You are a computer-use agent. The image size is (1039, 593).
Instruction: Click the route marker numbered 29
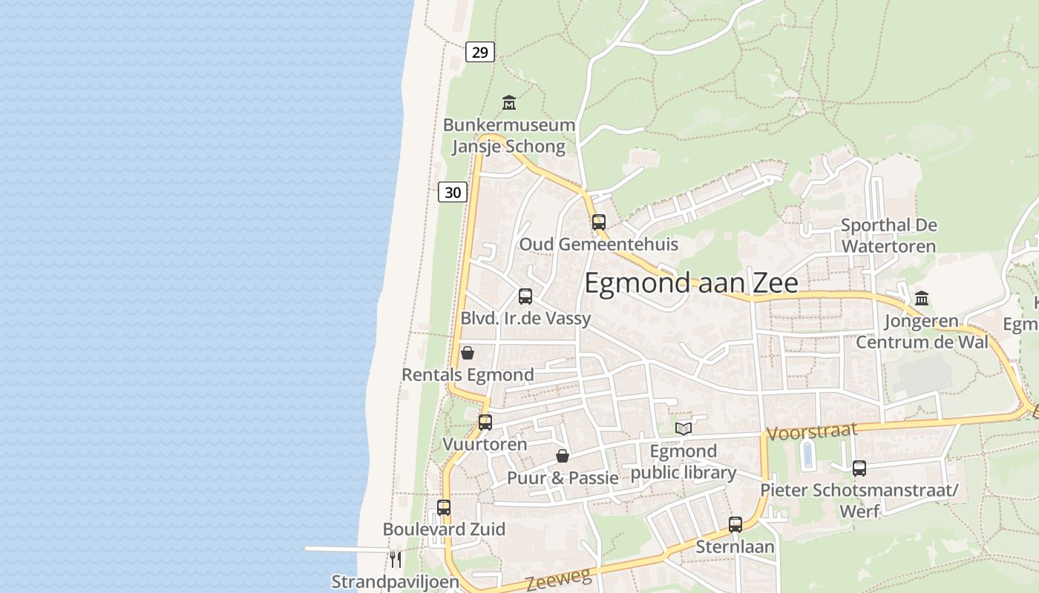(480, 52)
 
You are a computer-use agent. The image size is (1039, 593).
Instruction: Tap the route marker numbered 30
(453, 193)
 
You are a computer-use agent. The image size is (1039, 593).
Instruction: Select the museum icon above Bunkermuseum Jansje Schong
(509, 102)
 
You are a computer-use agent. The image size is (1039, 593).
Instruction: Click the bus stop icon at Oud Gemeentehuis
(598, 222)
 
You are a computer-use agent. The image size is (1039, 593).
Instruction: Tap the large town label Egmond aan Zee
(691, 283)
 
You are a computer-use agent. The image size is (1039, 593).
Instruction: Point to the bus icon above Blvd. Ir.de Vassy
(525, 296)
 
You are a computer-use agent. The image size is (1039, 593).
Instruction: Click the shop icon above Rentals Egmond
(468, 353)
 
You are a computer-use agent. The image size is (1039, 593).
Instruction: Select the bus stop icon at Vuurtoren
(485, 423)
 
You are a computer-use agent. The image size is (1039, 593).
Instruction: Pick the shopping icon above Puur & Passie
(563, 456)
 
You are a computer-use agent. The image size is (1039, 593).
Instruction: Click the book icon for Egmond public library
(684, 428)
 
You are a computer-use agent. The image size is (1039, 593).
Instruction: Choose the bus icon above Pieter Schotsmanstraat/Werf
(859, 468)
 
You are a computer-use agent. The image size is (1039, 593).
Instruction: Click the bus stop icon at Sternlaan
(735, 525)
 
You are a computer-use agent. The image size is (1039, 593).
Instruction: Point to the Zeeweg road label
(559, 579)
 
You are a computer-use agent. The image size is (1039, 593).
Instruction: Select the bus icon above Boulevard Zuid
(444, 508)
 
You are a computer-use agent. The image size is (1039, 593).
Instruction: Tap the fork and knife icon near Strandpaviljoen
(396, 559)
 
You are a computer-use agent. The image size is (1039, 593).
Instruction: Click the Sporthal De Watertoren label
(888, 235)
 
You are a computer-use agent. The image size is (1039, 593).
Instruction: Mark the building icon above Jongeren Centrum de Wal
(922, 299)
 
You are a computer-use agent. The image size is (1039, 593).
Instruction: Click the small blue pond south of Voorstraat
(807, 454)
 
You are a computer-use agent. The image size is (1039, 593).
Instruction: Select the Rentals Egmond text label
(468, 375)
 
